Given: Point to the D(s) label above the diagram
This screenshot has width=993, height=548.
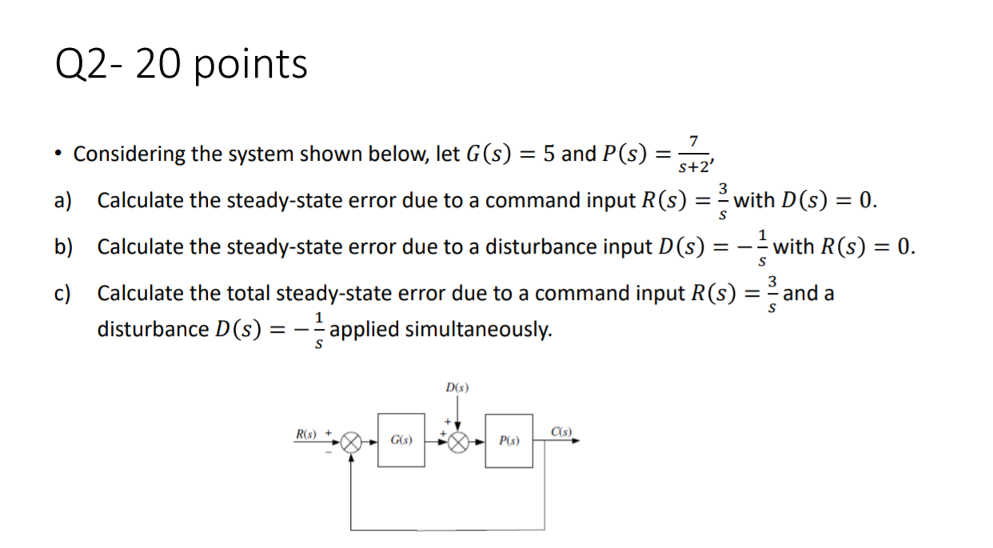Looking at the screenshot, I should tap(457, 388).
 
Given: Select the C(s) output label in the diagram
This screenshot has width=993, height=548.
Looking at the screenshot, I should tap(562, 433).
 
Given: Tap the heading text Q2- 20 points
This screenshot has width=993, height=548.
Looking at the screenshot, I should tap(181, 64).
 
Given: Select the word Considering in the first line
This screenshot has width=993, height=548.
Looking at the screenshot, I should tap(130, 154).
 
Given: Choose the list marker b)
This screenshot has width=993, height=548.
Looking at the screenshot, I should tap(62, 246).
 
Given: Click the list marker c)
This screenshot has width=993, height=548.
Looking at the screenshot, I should tap(62, 293).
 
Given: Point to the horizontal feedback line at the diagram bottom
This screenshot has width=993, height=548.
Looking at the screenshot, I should tap(448, 530).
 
